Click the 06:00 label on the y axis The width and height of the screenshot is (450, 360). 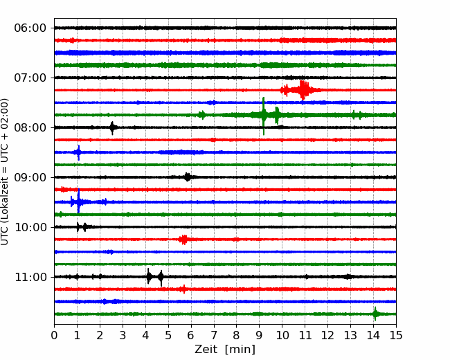(x=30, y=28)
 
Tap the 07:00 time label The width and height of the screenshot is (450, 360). (x=30, y=78)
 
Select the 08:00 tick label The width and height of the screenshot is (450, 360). (x=30, y=127)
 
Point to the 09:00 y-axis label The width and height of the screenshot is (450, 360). (x=30, y=177)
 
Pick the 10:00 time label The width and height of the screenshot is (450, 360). (x=30, y=227)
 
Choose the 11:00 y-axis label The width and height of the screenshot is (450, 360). (x=30, y=277)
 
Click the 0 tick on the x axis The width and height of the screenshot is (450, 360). (x=54, y=335)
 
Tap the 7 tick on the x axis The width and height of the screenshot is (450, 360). (x=214, y=335)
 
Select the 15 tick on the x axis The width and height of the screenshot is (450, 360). (x=396, y=335)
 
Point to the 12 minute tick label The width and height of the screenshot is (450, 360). (x=327, y=335)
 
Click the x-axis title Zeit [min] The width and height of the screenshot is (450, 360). (x=225, y=350)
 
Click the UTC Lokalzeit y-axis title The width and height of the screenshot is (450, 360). (x=4, y=172)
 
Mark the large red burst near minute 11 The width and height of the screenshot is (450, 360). (x=303, y=90)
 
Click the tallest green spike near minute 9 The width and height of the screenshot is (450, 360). (x=264, y=116)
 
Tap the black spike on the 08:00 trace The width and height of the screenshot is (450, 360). (x=112, y=128)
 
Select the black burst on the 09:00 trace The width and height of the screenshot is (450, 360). (x=188, y=177)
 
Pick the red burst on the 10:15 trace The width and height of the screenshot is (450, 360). (x=183, y=240)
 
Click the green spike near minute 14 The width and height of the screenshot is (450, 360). (x=375, y=314)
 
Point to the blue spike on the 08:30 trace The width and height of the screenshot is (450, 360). (x=78, y=152)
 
